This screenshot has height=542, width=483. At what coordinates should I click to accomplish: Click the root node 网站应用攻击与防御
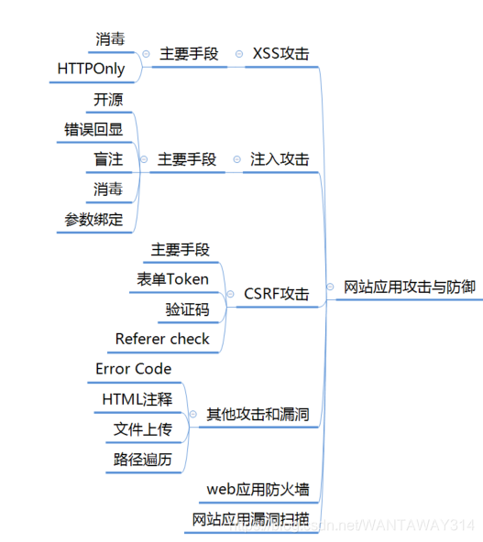[x=410, y=287]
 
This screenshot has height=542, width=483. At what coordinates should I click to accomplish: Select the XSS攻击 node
[x=281, y=54]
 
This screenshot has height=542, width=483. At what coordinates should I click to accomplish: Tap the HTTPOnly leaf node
[x=92, y=69]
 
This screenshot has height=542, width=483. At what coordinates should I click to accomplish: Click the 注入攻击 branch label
[x=280, y=159]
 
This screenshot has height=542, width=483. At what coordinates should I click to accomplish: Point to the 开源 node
[x=108, y=100]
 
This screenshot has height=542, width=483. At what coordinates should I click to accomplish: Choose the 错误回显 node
[x=93, y=129]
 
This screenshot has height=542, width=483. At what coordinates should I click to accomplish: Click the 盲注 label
[x=107, y=159]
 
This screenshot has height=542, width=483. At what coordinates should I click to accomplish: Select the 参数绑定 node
[x=93, y=219]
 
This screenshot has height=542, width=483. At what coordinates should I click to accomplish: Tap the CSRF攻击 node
[x=276, y=294]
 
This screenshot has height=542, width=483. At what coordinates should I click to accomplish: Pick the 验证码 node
[x=187, y=309]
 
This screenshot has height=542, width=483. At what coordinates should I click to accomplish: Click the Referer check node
[x=162, y=339]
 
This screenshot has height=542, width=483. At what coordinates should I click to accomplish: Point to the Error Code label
[x=134, y=369]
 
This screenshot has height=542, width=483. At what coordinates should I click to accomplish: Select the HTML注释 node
[x=137, y=399]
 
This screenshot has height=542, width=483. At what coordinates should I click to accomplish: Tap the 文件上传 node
[x=142, y=429]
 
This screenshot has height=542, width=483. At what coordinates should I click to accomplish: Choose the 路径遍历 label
[x=142, y=460]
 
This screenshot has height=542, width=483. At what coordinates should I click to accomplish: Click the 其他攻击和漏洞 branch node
[x=258, y=414]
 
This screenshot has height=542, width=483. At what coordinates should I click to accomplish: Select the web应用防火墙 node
[x=258, y=489]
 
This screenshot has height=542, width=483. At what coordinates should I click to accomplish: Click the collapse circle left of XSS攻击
[x=237, y=54]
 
